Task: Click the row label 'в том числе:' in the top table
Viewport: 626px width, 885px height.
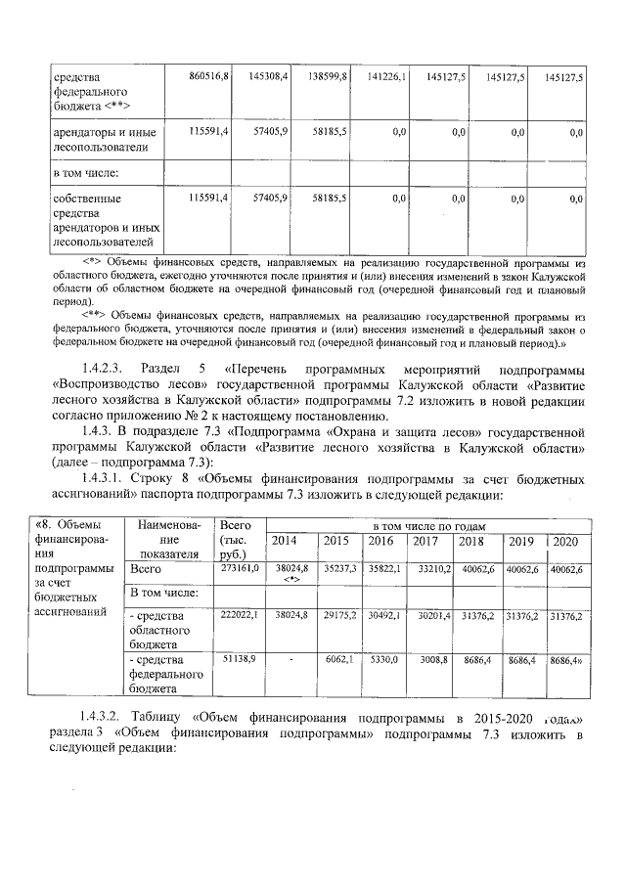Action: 85,173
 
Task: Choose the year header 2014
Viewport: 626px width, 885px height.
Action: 285,541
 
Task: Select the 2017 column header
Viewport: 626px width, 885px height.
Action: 425,541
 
